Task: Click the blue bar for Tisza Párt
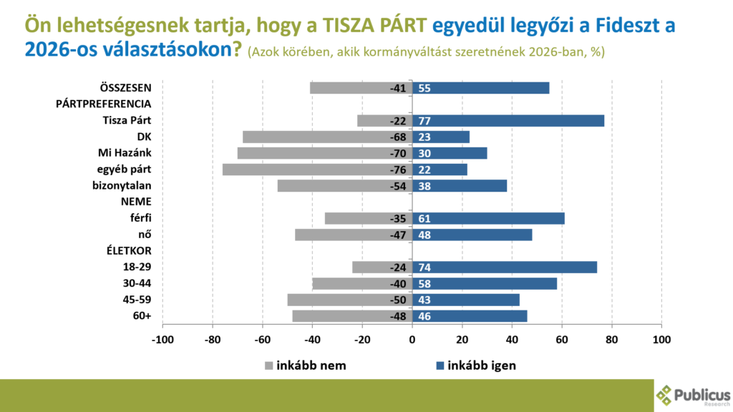[508, 120]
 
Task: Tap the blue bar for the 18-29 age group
[505, 267]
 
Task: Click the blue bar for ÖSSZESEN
[481, 88]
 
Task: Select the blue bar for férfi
[488, 218]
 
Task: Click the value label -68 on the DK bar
[398, 137]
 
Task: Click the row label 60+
[142, 316]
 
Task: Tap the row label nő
[145, 235]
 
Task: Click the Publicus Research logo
[693, 396]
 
